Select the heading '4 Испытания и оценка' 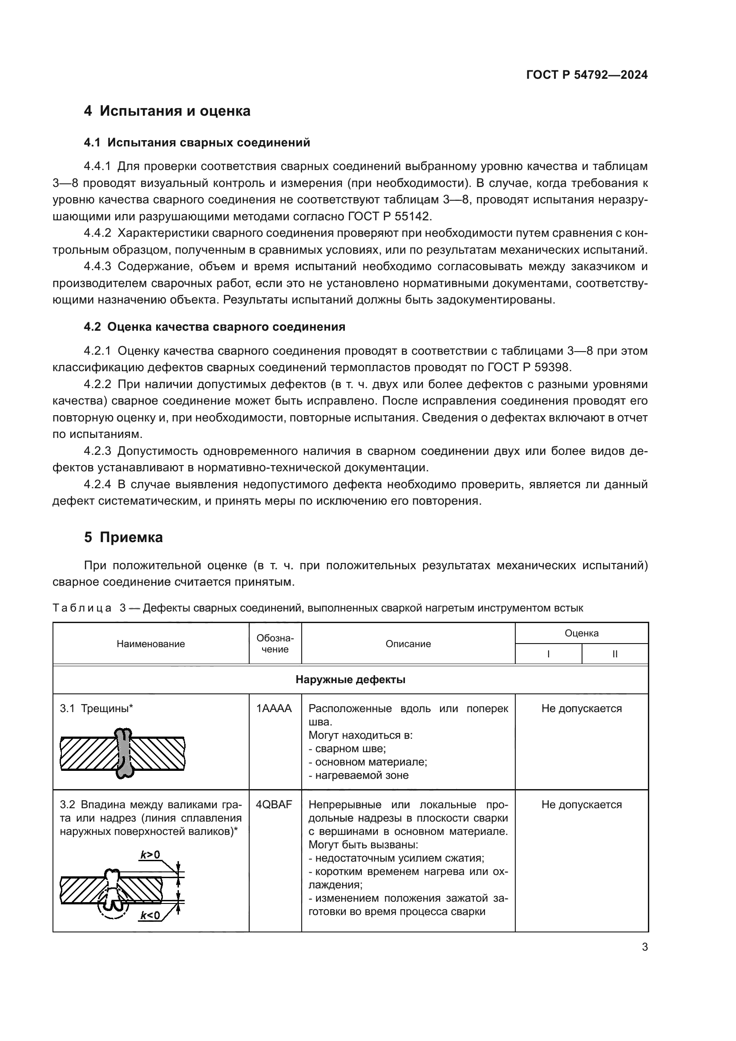(167, 111)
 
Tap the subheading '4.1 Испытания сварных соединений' (197, 143)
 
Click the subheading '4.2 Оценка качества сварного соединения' (214, 327)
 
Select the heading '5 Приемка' (123, 537)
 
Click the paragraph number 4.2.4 (97, 484)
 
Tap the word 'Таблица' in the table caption (82, 608)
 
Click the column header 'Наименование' (150, 644)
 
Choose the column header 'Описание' (408, 644)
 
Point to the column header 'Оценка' (582, 633)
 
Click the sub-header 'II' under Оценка (615, 654)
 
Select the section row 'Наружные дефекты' (350, 680)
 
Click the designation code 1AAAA (274, 709)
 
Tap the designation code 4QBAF (274, 805)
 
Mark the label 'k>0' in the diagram (150, 855)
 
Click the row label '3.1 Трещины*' (97, 709)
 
